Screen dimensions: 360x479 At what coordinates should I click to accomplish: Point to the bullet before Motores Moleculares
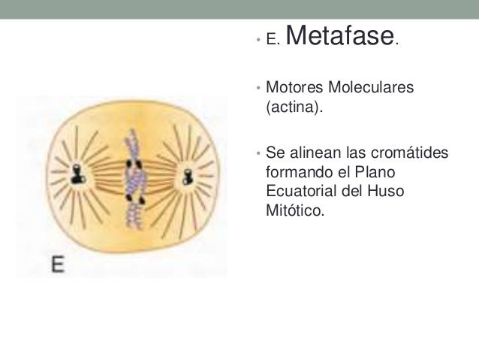click(257, 89)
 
